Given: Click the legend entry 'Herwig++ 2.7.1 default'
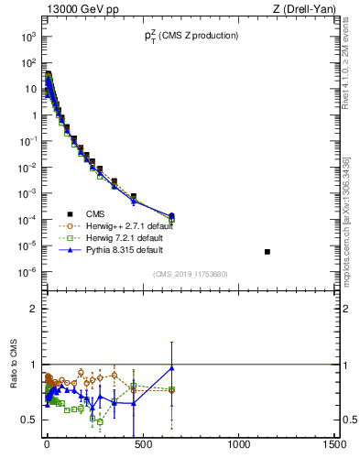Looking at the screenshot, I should point(134,224).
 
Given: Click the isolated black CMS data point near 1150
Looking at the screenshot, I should point(267,251).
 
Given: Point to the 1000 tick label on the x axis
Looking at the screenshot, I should point(239,445).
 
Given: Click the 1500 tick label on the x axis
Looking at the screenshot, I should point(335,445).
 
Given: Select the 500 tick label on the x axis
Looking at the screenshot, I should point(143,445).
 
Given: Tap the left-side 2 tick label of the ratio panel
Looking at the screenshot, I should point(32,309).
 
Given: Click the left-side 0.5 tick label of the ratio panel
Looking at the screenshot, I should point(28,420).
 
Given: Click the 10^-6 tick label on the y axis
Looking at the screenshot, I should point(26,272).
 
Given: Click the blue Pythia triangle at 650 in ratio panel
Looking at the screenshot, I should point(171,367).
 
